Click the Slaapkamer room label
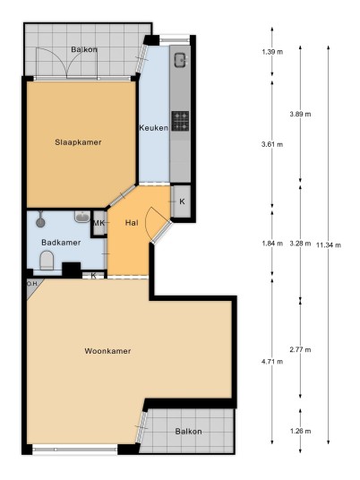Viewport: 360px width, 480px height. [78, 142]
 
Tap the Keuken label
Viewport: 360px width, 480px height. [153, 128]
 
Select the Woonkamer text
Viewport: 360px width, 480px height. [107, 351]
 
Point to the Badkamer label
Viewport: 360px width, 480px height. [61, 243]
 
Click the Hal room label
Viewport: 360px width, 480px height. [132, 223]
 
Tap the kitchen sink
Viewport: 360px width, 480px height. [180, 60]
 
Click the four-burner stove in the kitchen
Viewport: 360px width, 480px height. [180, 121]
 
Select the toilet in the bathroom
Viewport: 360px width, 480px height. [47, 260]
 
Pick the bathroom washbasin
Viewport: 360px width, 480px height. [82, 217]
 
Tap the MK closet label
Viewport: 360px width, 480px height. [99, 223]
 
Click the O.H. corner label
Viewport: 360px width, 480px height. [32, 284]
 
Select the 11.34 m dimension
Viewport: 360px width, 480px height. [329, 244]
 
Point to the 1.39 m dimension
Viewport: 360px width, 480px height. [272, 52]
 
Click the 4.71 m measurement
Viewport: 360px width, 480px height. [272, 362]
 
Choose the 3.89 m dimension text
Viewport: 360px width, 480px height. [300, 115]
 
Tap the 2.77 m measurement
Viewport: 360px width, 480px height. [300, 349]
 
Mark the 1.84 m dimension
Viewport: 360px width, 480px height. [272, 244]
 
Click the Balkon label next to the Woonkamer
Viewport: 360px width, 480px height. [188, 432]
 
